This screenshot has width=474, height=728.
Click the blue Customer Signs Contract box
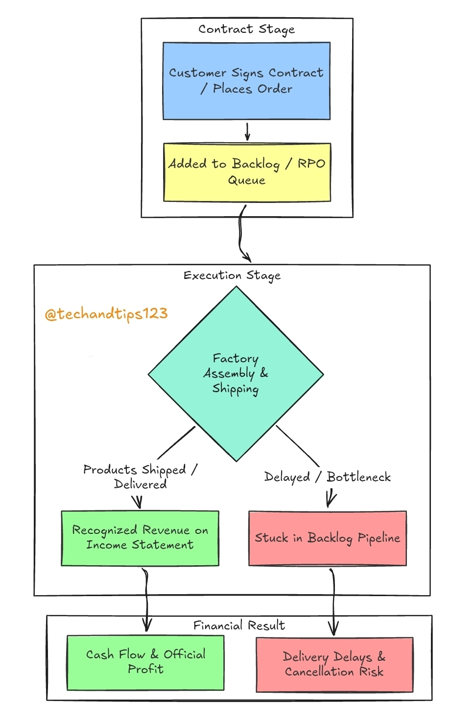[x=246, y=81]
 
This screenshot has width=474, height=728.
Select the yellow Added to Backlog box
[x=247, y=172]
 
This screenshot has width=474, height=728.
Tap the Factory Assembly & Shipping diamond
[x=236, y=374]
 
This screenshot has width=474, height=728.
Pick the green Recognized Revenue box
[x=140, y=538]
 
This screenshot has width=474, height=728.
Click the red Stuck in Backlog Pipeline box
[x=328, y=538]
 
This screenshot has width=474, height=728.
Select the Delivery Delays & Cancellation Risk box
[x=334, y=665]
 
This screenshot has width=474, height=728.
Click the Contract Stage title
[x=247, y=29]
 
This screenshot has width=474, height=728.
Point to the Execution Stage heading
[x=232, y=276]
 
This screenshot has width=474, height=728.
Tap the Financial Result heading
[x=239, y=626]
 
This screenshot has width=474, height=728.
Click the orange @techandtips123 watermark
[x=106, y=314]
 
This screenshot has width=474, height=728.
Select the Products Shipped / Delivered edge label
[x=140, y=477]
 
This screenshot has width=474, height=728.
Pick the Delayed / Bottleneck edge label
[x=327, y=477]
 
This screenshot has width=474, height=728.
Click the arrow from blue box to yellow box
[x=247, y=131]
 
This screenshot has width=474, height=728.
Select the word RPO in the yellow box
[x=311, y=163]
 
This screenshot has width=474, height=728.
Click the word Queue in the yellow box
[x=247, y=180]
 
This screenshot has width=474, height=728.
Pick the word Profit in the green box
[x=146, y=669]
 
